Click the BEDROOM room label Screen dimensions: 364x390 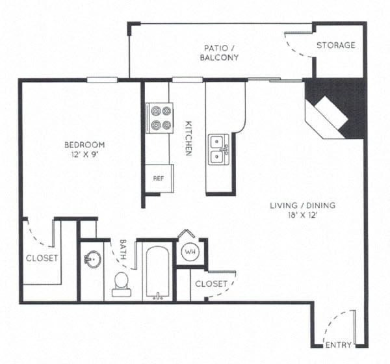click(84, 144)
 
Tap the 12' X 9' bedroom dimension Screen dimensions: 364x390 click(84, 155)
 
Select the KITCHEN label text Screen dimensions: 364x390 click(188, 138)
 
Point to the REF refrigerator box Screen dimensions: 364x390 click(158, 177)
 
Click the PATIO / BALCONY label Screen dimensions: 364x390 click(220, 52)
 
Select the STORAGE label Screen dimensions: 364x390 click(335, 45)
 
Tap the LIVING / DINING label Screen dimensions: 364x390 click(303, 206)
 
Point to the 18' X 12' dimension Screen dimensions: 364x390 click(303, 216)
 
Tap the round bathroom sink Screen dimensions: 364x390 click(92, 259)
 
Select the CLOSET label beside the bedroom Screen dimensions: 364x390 click(42, 258)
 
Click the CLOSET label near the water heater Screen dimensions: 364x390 click(211, 283)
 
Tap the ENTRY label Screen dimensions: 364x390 click(338, 344)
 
